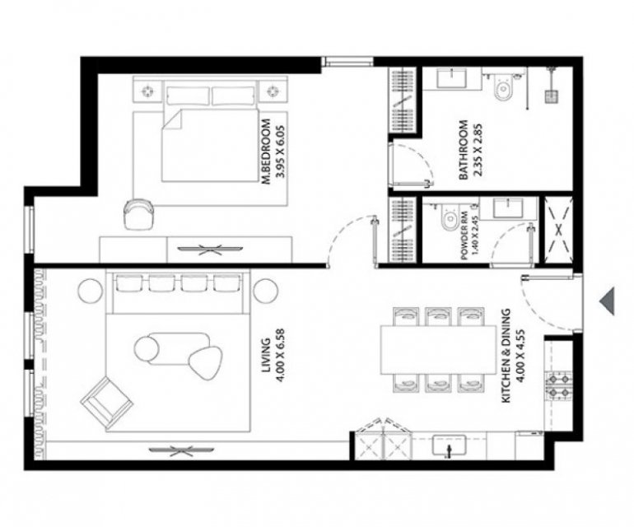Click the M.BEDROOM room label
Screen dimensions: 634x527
(266, 152)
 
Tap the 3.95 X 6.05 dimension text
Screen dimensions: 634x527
(280, 152)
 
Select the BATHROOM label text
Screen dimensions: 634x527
(464, 150)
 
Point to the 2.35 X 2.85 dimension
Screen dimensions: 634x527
(478, 150)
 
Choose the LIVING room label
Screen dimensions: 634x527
(266, 356)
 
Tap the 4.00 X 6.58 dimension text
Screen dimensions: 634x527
(280, 356)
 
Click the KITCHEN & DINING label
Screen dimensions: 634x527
(506, 356)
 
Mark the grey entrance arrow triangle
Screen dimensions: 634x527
(608, 301)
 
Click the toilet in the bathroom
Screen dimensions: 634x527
(502, 86)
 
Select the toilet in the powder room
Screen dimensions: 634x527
(450, 218)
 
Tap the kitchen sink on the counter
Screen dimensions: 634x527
(449, 445)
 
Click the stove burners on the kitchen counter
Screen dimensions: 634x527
(559, 386)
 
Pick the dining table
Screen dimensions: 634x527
(438, 350)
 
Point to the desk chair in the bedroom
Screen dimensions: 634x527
(138, 214)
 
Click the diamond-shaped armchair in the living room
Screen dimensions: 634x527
(107, 403)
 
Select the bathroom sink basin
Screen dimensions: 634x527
(452, 77)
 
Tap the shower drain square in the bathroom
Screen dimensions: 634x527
(552, 97)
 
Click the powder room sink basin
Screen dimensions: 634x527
(507, 208)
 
